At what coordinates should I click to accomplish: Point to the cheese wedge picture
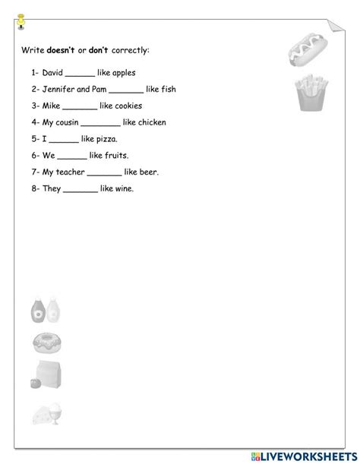click(x=47, y=414)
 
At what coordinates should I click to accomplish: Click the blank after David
click(x=80, y=74)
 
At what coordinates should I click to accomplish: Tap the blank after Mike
click(x=80, y=107)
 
